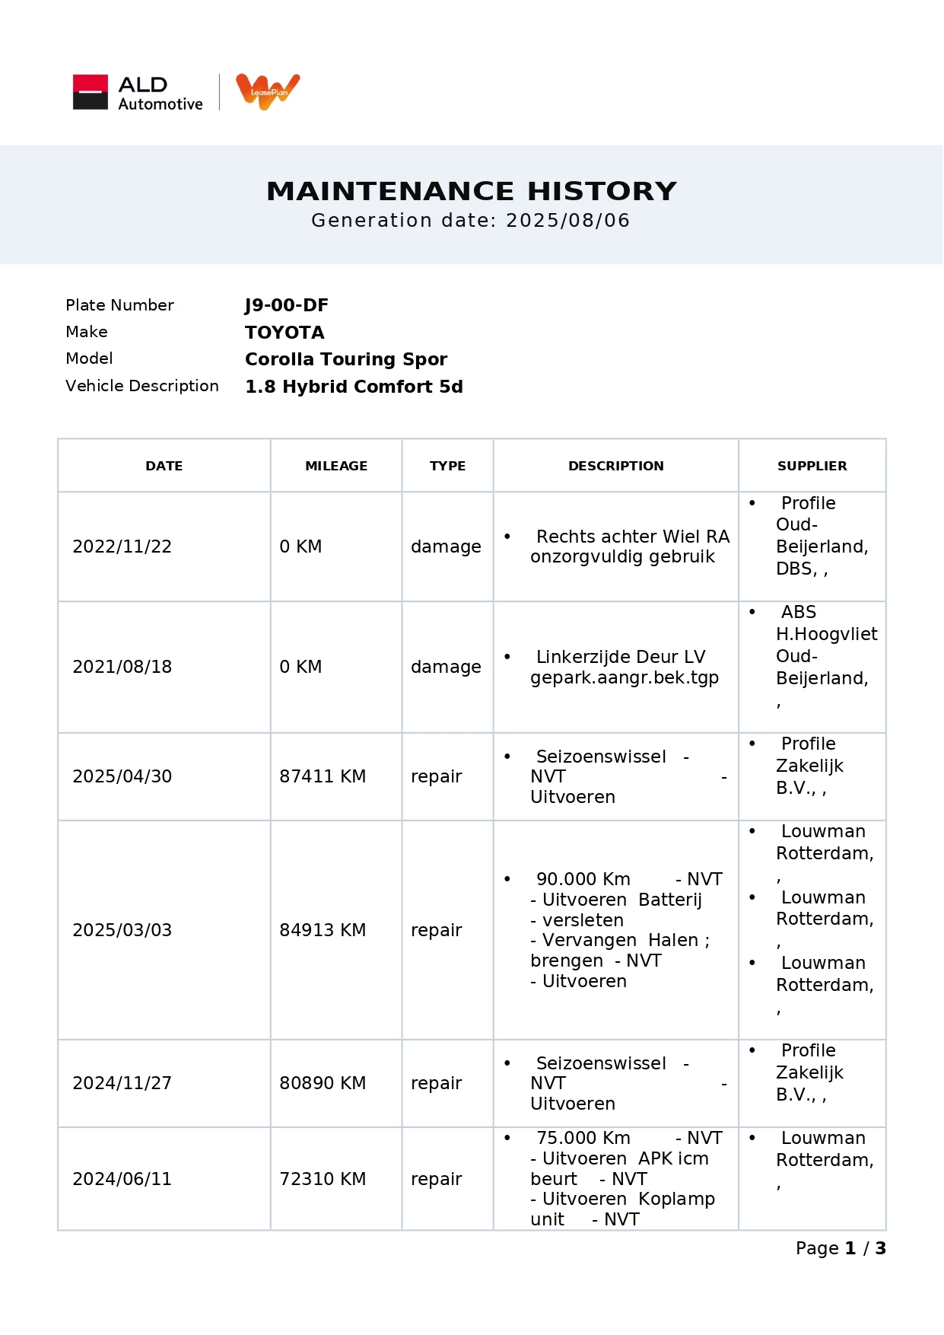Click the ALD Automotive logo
[x=138, y=92]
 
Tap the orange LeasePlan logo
[x=268, y=91]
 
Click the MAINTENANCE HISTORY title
[x=471, y=191]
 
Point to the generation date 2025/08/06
[x=567, y=221]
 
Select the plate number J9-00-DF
[x=286, y=305]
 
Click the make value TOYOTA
[x=284, y=333]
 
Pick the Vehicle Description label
[x=141, y=386]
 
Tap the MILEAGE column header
[x=335, y=466]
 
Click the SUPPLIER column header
[x=812, y=466]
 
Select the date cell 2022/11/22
[x=122, y=546]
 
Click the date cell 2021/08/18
[x=122, y=667]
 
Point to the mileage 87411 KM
[x=323, y=776]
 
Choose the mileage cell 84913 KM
[x=323, y=930]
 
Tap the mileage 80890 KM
[x=323, y=1083]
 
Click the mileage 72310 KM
[x=323, y=1179]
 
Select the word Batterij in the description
[x=670, y=900]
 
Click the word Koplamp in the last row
[x=676, y=1199]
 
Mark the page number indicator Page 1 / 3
[x=841, y=1248]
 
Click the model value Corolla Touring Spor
[x=345, y=359]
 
